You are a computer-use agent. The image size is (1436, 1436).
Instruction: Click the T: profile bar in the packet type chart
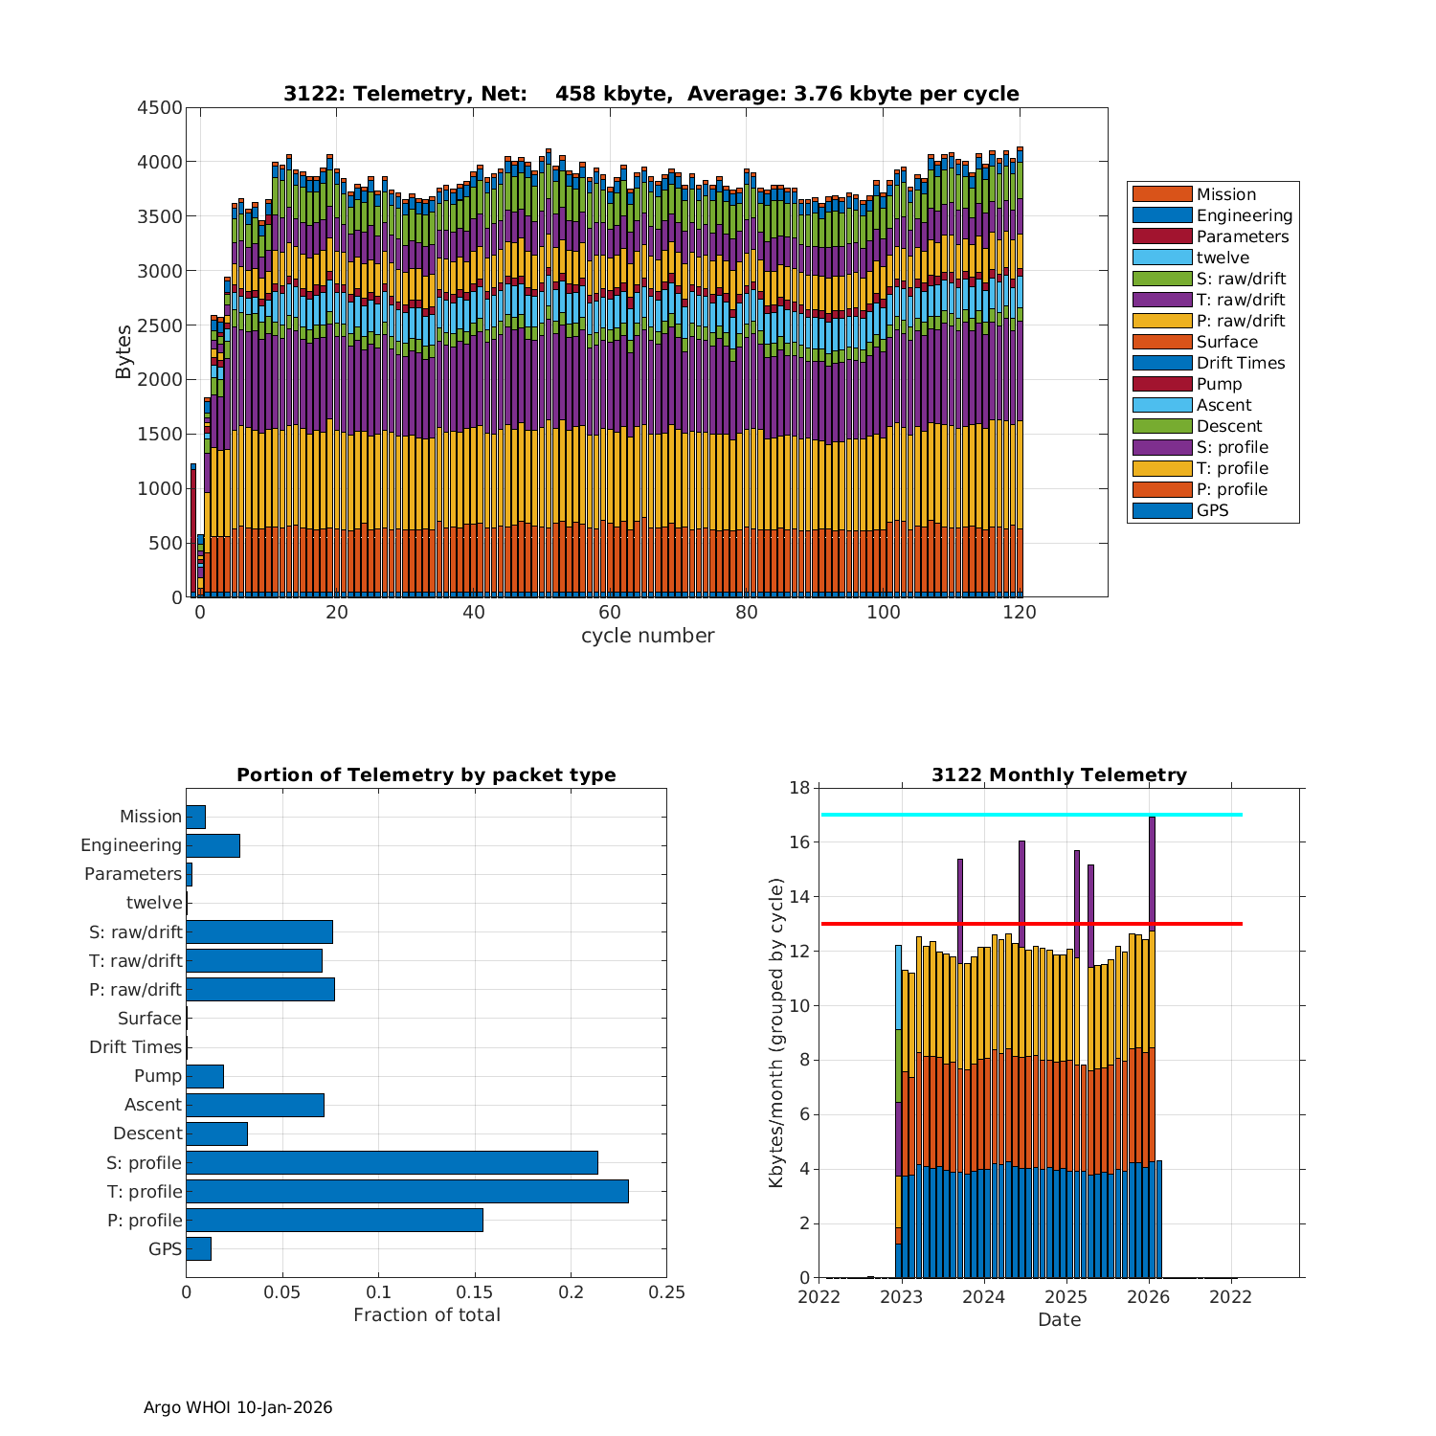tap(407, 1191)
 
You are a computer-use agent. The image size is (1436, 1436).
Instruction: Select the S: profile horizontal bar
tap(392, 1162)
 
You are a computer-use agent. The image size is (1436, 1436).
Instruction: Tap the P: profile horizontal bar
tap(334, 1220)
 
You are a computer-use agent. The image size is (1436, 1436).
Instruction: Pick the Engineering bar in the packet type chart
tap(213, 845)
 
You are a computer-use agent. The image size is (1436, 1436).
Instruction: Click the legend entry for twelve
tap(1223, 258)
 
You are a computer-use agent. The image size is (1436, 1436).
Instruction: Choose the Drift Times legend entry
tap(1240, 363)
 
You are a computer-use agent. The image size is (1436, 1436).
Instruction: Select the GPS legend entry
tap(1212, 510)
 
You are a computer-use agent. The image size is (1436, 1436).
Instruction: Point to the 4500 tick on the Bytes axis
tap(160, 107)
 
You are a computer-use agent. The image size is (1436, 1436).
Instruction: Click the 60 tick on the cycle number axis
tap(610, 613)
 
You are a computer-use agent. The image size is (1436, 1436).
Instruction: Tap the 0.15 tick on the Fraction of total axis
tap(475, 1292)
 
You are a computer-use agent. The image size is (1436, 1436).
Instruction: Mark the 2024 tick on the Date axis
tap(983, 1297)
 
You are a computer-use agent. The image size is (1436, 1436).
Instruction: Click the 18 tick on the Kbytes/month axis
tap(799, 788)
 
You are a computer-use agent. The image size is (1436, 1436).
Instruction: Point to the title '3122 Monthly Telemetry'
tap(1059, 774)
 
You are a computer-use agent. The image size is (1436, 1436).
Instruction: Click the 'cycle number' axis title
tap(647, 636)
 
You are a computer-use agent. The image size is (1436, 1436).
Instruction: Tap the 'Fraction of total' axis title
tap(426, 1314)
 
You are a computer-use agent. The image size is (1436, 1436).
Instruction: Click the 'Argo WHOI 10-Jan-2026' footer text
tap(237, 1407)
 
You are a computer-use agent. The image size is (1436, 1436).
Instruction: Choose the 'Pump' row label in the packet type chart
tap(158, 1075)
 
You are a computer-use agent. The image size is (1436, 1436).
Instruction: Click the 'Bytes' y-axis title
tap(124, 352)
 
